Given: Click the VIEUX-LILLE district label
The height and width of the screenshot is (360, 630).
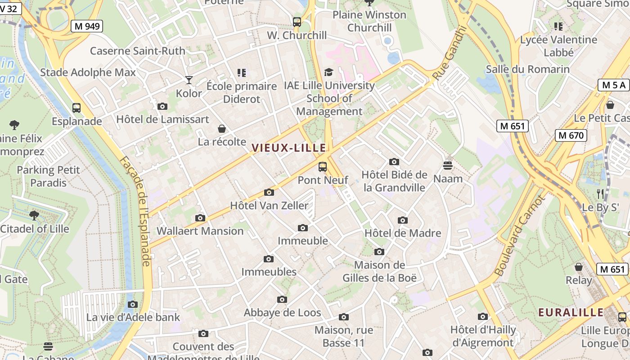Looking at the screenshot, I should tap(289, 148).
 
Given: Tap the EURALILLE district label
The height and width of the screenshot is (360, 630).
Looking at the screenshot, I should tap(571, 312).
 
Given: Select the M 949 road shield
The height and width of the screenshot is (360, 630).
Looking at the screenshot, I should tap(87, 26).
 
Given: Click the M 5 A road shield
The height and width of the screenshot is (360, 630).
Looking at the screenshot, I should tap(613, 85).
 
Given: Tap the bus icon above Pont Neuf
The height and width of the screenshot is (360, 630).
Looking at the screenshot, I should tap(323, 167).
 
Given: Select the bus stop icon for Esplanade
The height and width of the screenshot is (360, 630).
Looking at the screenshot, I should tap(76, 108).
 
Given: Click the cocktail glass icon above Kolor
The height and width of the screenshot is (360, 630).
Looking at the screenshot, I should tap(189, 80).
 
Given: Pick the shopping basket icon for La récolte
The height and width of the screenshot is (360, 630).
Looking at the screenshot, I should tap(221, 129).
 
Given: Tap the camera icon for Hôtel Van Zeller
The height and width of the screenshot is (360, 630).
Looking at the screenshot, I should tap(269, 193).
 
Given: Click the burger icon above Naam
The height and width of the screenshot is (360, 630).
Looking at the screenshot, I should tap(447, 165).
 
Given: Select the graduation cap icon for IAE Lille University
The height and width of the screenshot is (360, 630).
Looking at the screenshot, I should tap(329, 72).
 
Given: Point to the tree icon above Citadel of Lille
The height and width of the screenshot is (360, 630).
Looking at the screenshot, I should tap(34, 215).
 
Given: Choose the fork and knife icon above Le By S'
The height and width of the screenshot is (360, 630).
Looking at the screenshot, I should tap(600, 194).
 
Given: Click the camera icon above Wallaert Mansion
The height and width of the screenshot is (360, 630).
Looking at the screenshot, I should tap(200, 218).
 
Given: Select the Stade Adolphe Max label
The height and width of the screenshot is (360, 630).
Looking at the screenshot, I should tap(88, 72).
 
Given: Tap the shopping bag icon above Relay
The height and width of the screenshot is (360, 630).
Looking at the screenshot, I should tap(579, 267).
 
